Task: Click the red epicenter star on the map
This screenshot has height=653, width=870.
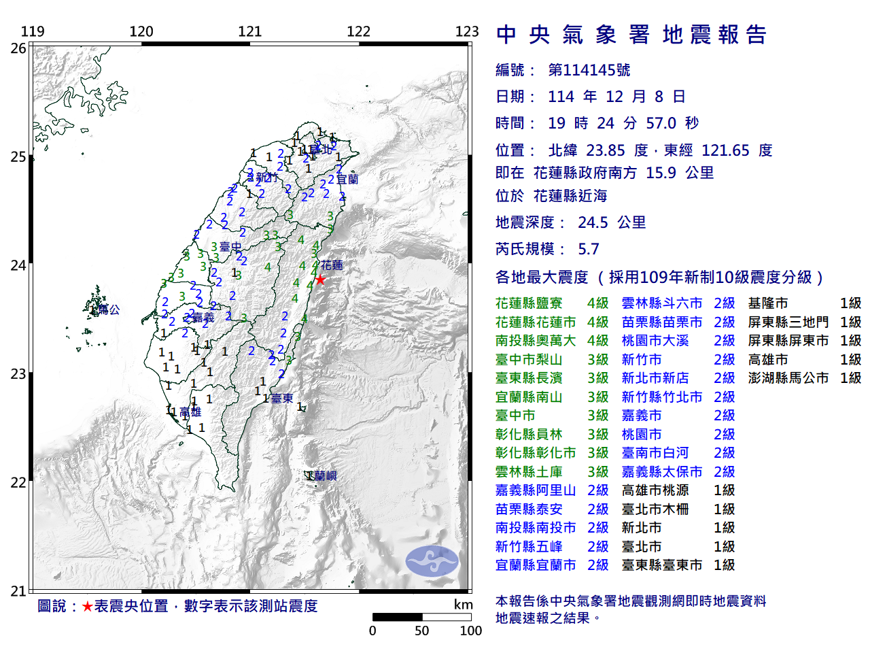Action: click(319, 280)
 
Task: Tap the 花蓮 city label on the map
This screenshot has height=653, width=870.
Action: click(332, 265)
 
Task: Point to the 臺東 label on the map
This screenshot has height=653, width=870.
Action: click(281, 399)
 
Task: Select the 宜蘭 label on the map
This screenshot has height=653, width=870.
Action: click(347, 180)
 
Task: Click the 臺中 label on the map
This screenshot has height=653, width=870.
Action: click(230, 247)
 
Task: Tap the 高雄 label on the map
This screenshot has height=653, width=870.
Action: click(190, 412)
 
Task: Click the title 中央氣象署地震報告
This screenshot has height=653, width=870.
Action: click(631, 35)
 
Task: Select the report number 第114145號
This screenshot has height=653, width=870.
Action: click(589, 70)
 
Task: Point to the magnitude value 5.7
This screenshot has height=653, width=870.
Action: click(589, 249)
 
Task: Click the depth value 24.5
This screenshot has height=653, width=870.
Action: click(593, 222)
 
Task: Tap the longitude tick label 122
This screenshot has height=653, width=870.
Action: click(358, 31)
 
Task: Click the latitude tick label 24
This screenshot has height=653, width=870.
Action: click(18, 265)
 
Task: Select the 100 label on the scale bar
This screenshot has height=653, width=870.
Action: click(470, 631)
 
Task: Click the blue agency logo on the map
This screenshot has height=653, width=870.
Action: click(432, 561)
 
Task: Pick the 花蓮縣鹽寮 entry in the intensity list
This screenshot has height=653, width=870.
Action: click(529, 303)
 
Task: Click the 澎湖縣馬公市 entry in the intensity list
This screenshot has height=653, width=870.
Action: click(788, 378)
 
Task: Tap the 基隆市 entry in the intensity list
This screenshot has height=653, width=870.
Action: click(768, 303)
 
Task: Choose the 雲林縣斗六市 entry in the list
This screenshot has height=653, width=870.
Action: click(661, 303)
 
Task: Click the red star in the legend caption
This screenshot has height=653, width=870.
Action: click(87, 606)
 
